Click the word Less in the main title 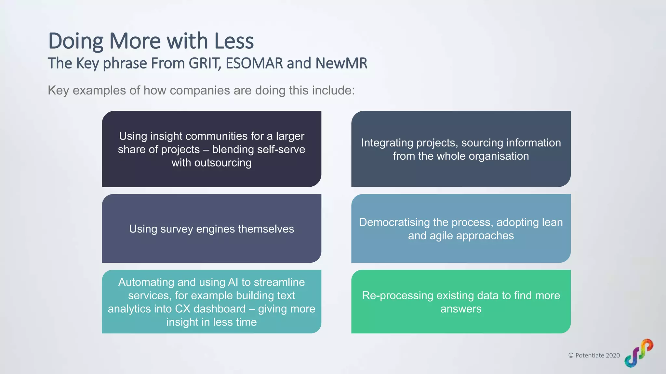234,41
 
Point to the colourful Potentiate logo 639,353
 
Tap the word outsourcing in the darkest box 223,163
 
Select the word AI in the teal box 233,282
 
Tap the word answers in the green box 461,309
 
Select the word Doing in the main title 76,41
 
